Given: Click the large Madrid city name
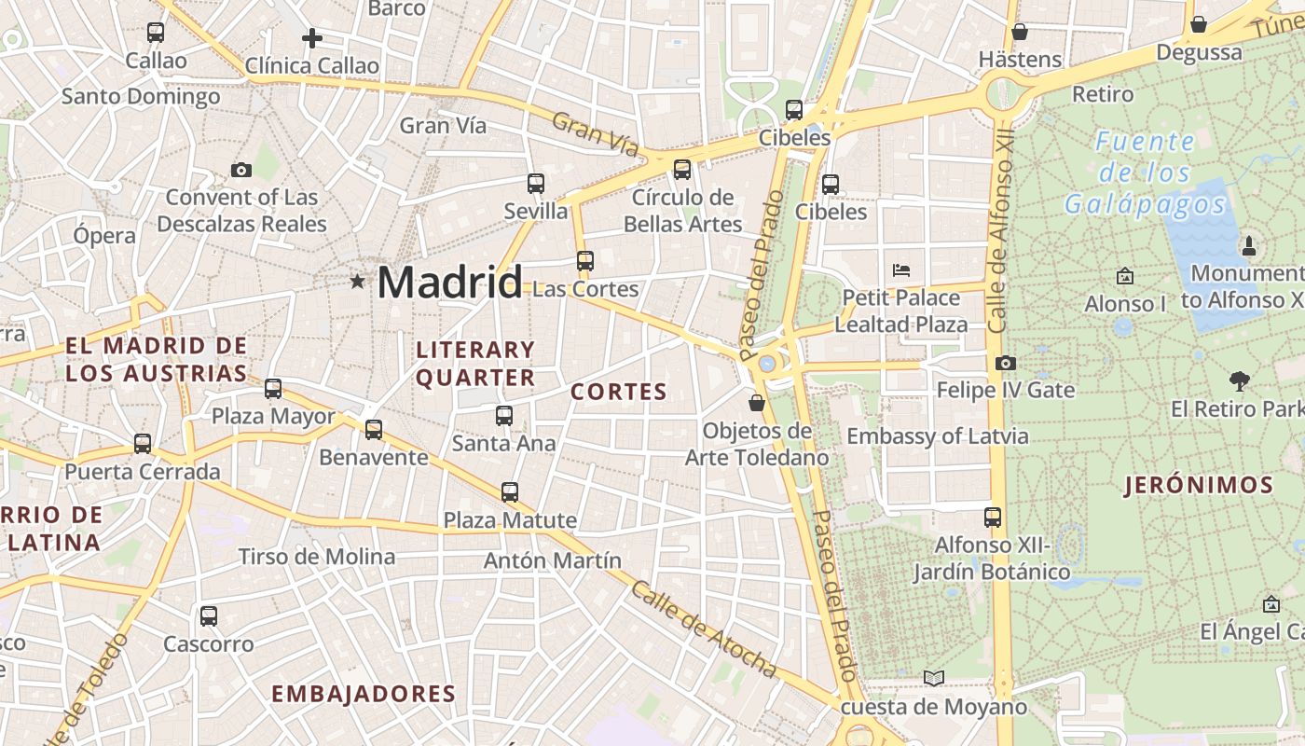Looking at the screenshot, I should [x=449, y=282].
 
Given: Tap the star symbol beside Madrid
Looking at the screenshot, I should [x=357, y=281].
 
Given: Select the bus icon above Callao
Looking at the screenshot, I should [x=156, y=33].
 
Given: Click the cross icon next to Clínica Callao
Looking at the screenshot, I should [x=312, y=38].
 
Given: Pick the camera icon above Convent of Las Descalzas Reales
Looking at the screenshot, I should [x=241, y=170].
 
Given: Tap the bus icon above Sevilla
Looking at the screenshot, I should [x=536, y=184].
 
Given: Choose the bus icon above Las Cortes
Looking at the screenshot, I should [x=585, y=261].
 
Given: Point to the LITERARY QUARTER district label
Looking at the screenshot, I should [x=475, y=364].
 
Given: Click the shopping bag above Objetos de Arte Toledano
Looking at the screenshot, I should [x=757, y=403].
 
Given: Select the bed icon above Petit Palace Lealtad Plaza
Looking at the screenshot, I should [x=901, y=270].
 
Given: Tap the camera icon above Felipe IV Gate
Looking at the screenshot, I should [x=1006, y=363].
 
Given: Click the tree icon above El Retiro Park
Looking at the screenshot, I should [x=1239, y=380].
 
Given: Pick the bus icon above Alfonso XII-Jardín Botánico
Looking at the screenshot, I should [x=993, y=517].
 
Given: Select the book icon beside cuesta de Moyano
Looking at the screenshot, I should [x=934, y=679].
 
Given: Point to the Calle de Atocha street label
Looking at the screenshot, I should [x=704, y=629].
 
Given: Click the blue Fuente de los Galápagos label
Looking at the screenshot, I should [x=1145, y=173].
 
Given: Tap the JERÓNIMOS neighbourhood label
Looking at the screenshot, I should [x=1199, y=485].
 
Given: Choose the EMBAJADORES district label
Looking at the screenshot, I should [x=364, y=694].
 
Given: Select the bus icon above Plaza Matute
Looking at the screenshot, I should [x=510, y=492].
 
